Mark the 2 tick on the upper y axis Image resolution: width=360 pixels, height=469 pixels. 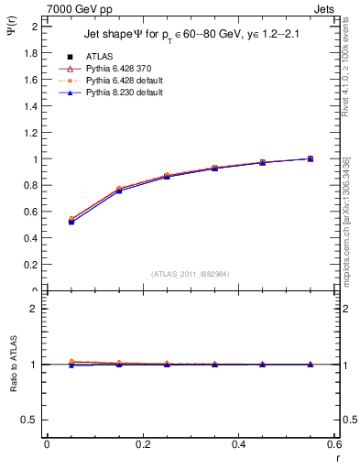pos(35,27)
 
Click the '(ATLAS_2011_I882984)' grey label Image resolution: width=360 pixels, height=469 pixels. pos(191,274)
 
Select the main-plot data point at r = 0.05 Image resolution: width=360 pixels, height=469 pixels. pos(71,221)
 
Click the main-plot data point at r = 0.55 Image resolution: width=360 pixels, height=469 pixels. pos(311,158)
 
